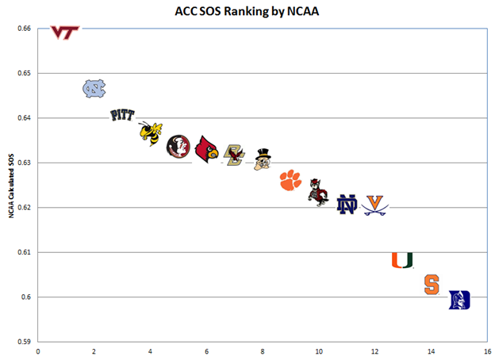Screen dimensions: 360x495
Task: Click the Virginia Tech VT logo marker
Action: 65,32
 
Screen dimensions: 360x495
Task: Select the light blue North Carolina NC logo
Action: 94,88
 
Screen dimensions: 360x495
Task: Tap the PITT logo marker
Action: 121,115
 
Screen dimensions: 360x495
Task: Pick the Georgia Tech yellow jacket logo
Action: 150,134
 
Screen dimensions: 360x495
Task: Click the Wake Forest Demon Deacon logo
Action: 263,159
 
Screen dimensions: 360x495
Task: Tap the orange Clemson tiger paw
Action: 291,181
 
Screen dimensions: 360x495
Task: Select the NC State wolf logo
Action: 319,193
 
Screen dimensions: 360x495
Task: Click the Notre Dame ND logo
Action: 347,204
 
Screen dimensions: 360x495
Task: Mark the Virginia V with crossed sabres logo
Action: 375,205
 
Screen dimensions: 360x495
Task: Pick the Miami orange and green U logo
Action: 402,259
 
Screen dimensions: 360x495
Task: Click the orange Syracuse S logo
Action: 431,285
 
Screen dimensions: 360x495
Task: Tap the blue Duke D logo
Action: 459,300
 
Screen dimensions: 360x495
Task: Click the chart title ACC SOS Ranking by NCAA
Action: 247,13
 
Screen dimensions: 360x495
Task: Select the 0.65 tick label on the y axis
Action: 23,74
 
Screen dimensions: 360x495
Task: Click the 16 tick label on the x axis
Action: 485,352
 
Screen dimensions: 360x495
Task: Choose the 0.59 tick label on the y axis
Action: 23,342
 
